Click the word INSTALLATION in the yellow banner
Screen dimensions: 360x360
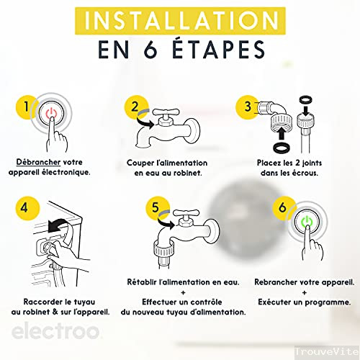(x=181, y=20)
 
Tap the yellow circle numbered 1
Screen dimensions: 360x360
(x=26, y=107)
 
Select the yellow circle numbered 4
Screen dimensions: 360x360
(x=27, y=208)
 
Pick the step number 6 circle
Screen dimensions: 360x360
(x=283, y=208)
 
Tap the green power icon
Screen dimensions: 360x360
(x=307, y=221)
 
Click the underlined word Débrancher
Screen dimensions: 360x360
(x=38, y=162)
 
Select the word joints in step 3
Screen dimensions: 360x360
(x=312, y=163)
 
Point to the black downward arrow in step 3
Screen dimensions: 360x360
(x=306, y=111)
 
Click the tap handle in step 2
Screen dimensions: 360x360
(x=166, y=112)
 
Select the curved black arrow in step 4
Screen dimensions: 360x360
(x=58, y=225)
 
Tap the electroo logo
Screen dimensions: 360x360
(x=55, y=331)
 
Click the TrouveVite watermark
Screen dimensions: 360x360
(x=327, y=352)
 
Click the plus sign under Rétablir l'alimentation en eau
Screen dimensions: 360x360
(x=184, y=292)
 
